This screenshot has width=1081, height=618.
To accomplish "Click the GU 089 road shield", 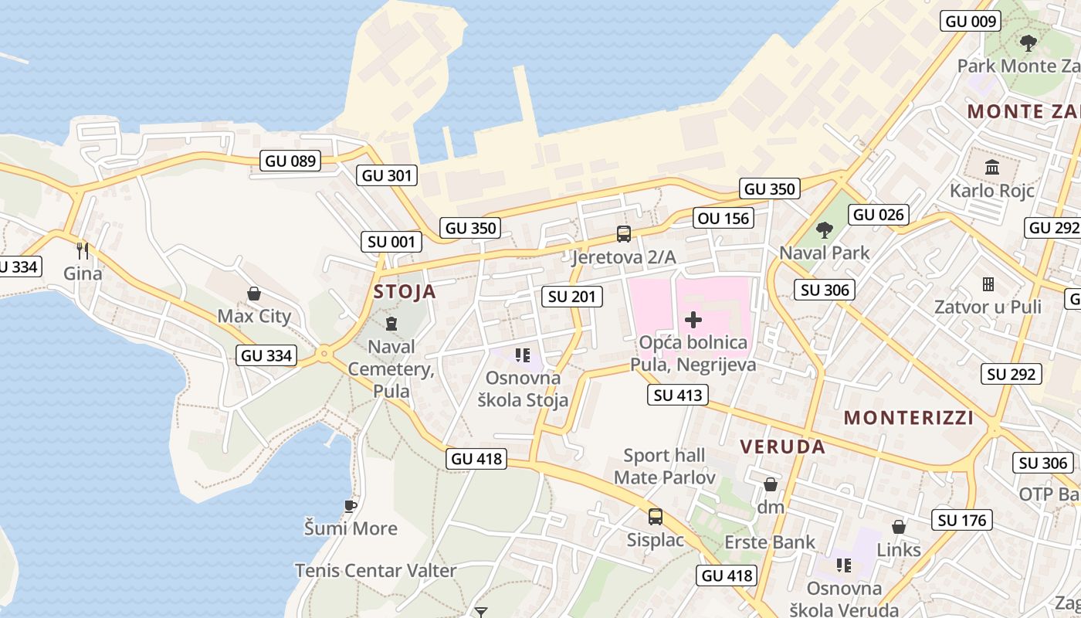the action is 290,161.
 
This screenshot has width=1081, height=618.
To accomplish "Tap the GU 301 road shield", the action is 388,175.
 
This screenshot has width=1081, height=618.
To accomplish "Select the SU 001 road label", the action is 391,242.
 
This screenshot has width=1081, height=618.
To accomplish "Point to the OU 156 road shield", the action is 723,218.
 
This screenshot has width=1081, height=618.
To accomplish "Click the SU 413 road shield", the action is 677,396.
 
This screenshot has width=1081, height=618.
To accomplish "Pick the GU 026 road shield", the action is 879,214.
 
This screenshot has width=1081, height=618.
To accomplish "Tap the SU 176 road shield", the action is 962,520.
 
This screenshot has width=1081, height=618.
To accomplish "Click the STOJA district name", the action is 405,292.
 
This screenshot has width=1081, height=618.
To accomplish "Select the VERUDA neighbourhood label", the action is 783,447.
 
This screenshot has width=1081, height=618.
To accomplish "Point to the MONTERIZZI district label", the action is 908,418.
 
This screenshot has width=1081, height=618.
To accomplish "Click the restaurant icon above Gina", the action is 83,250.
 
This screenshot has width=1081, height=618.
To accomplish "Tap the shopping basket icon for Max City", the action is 253,294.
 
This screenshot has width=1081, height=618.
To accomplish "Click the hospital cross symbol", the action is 693,319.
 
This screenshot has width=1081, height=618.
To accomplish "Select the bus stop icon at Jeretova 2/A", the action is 623,233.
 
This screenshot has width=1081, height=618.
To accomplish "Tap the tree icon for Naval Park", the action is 824,229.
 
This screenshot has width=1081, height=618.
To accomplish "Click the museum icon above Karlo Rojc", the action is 992,166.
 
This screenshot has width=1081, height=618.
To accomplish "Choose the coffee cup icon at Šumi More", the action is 351,506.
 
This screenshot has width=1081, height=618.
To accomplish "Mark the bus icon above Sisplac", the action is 655,516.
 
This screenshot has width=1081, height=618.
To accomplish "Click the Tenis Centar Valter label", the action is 375,571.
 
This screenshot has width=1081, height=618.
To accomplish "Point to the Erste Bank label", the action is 769,542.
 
